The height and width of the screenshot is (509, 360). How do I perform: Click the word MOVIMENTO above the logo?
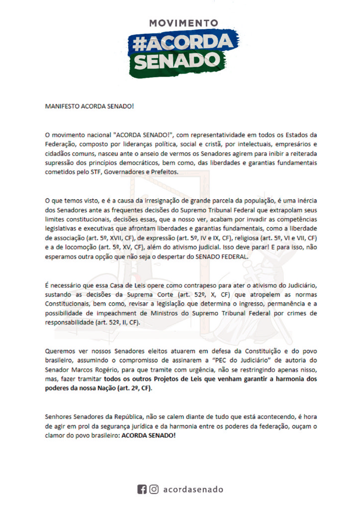pos(183,23)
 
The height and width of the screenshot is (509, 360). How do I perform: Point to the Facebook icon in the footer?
pos(142,490)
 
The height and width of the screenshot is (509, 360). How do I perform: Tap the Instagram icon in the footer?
pos(154,490)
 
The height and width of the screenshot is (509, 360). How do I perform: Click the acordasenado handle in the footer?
pos(193,490)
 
